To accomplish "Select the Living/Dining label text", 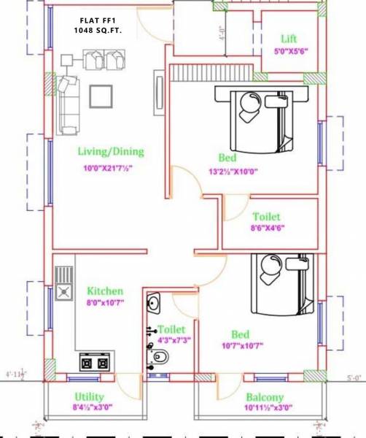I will [x=111, y=153].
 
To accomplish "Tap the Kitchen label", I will [x=105, y=291].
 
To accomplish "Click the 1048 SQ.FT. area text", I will [x=99, y=33].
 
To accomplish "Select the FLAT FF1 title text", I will [x=99, y=20].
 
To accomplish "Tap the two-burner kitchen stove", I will [x=93, y=362].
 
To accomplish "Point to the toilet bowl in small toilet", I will [x=161, y=356].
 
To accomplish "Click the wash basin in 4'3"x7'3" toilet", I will [x=155, y=301].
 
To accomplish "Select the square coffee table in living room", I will [x=100, y=95].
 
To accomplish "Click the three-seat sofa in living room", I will [x=68, y=103].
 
